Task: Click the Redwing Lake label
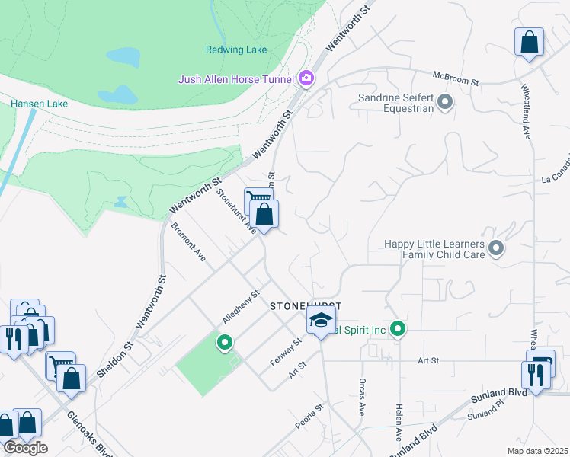coord(236,50)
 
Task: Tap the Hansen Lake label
coord(39,104)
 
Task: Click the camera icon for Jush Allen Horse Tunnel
coord(306,78)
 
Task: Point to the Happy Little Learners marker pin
coord(497,248)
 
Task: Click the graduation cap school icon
coord(322,320)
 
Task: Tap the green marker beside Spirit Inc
coord(397,330)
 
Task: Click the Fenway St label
coord(287,352)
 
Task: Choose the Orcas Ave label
coord(361,395)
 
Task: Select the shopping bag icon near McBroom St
coord(529,43)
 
